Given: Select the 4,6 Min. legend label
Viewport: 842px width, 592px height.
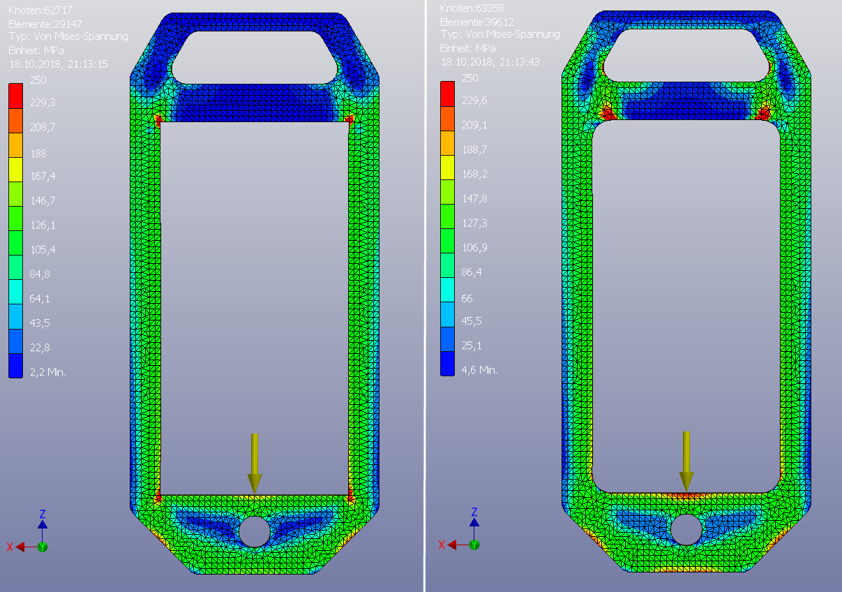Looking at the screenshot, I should (480, 370).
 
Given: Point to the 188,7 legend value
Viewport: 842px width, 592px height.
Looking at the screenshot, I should (474, 149).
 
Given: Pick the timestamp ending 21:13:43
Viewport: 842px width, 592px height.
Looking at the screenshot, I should (490, 61).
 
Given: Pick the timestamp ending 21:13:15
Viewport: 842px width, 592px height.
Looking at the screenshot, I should (58, 63).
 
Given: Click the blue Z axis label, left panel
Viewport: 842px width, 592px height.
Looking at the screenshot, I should (42, 513).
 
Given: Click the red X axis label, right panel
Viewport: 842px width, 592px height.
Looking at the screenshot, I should (440, 545).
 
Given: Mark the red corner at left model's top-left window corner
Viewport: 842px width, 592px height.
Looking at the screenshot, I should (158, 119).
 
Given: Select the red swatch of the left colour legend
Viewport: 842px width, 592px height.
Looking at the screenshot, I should (15, 89).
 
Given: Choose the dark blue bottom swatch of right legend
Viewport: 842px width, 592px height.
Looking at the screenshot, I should (447, 363).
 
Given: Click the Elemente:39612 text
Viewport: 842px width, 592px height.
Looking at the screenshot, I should (476, 22).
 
